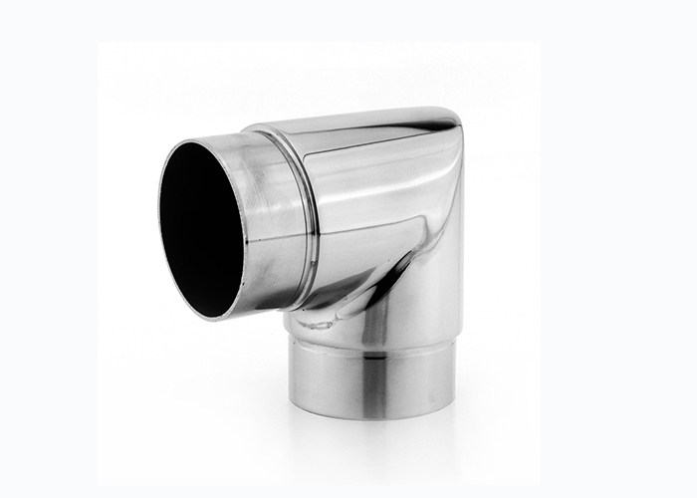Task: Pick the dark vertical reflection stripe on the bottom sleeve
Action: [372, 383]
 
